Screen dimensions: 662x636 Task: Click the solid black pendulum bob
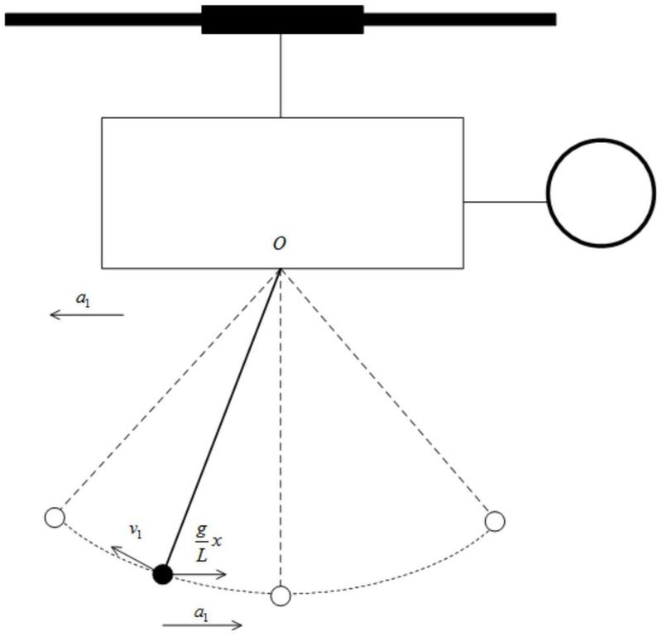(x=163, y=574)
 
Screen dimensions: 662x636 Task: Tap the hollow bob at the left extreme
(x=55, y=518)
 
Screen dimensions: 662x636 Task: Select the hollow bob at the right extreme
(x=495, y=521)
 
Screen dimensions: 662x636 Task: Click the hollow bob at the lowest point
(x=281, y=596)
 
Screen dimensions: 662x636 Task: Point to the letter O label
(x=279, y=243)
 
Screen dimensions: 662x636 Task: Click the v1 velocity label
(x=136, y=531)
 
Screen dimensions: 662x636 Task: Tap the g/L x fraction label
(x=209, y=543)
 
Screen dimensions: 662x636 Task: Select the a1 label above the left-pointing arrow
(x=83, y=299)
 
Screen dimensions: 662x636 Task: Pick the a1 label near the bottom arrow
(x=201, y=614)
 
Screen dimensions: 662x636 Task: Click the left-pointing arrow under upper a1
(x=87, y=315)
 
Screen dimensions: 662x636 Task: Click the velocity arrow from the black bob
(x=132, y=558)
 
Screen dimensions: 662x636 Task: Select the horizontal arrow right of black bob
(x=200, y=574)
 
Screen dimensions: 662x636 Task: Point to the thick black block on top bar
(x=282, y=19)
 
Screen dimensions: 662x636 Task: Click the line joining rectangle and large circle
(x=506, y=202)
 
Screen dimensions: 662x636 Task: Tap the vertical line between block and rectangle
(x=281, y=75)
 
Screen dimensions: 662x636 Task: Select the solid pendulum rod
(x=222, y=418)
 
